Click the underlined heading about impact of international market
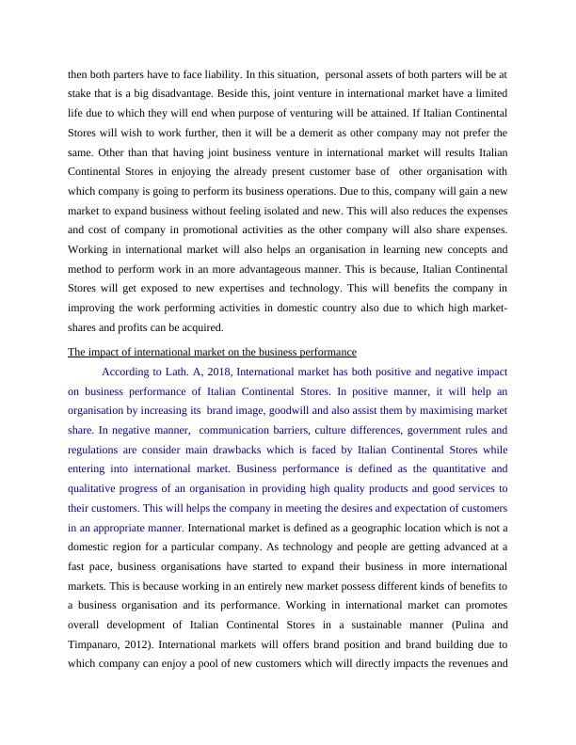[x=212, y=352]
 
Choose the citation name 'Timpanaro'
[x=100, y=645]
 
